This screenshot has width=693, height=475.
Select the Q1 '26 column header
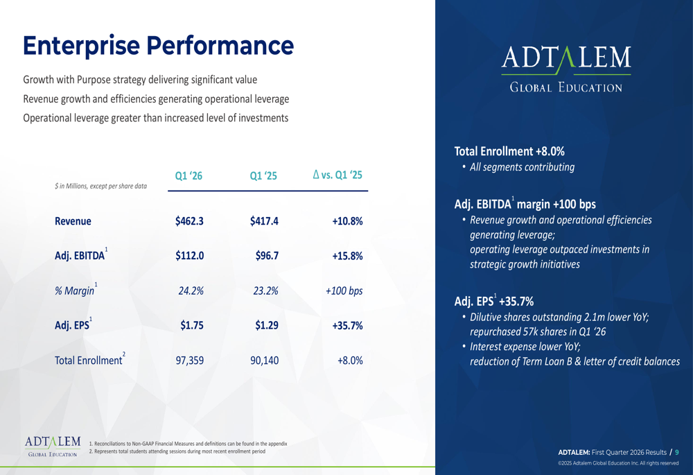(188, 177)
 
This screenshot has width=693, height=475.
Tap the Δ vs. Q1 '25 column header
(337, 176)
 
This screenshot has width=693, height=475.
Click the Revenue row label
(73, 222)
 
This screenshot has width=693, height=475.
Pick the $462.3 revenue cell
(189, 222)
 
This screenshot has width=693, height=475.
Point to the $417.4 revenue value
(264, 222)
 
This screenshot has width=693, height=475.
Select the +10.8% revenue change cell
(347, 222)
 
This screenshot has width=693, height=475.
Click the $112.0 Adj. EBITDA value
(189, 256)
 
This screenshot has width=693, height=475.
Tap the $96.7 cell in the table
(267, 256)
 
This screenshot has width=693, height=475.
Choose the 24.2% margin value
(191, 291)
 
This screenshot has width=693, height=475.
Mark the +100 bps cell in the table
(344, 291)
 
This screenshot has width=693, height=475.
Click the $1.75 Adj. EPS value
(192, 325)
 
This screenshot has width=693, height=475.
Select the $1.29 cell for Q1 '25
(267, 325)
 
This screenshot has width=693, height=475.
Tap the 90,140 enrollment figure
(264, 361)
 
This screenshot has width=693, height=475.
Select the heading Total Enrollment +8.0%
(509, 150)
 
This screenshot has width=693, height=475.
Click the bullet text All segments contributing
(522, 167)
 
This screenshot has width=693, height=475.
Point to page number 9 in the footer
(677, 452)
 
